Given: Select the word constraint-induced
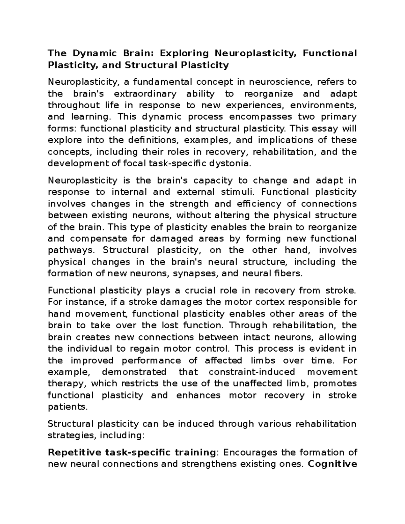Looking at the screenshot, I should (252, 372).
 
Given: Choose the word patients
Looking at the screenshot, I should (67, 407).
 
